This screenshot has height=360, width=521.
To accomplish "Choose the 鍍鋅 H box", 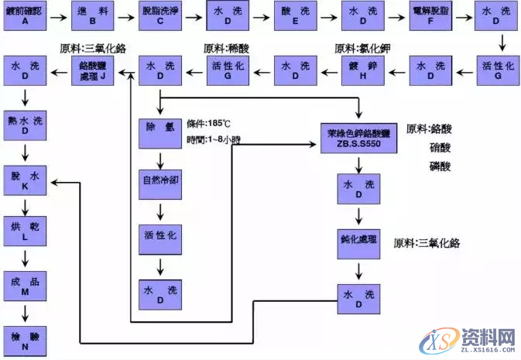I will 363,71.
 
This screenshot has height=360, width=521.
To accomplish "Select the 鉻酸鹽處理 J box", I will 93,71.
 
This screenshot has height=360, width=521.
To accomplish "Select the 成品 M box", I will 26,285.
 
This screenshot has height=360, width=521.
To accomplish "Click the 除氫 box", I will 160,129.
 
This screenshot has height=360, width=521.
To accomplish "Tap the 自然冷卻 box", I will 160,182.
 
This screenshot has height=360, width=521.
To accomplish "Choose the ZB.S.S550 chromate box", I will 358,137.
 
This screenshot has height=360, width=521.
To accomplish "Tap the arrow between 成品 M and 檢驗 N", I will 26,312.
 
